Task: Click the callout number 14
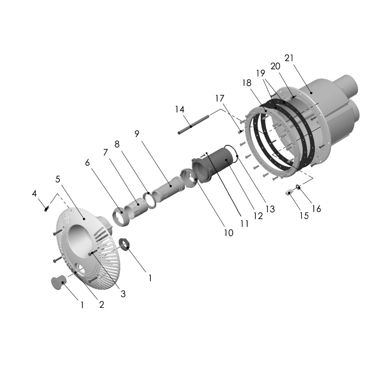point(180,110)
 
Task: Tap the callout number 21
point(289,58)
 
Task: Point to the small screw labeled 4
point(46,208)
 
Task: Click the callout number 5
point(58,179)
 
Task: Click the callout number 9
point(137,134)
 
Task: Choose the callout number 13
point(270,208)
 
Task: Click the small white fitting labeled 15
point(290,192)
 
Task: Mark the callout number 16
point(316,209)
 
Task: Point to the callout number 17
point(220,98)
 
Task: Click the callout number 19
point(260,73)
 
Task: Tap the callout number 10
point(228,233)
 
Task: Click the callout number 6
point(87,163)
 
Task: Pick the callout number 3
point(123,294)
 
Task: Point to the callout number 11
point(244,224)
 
